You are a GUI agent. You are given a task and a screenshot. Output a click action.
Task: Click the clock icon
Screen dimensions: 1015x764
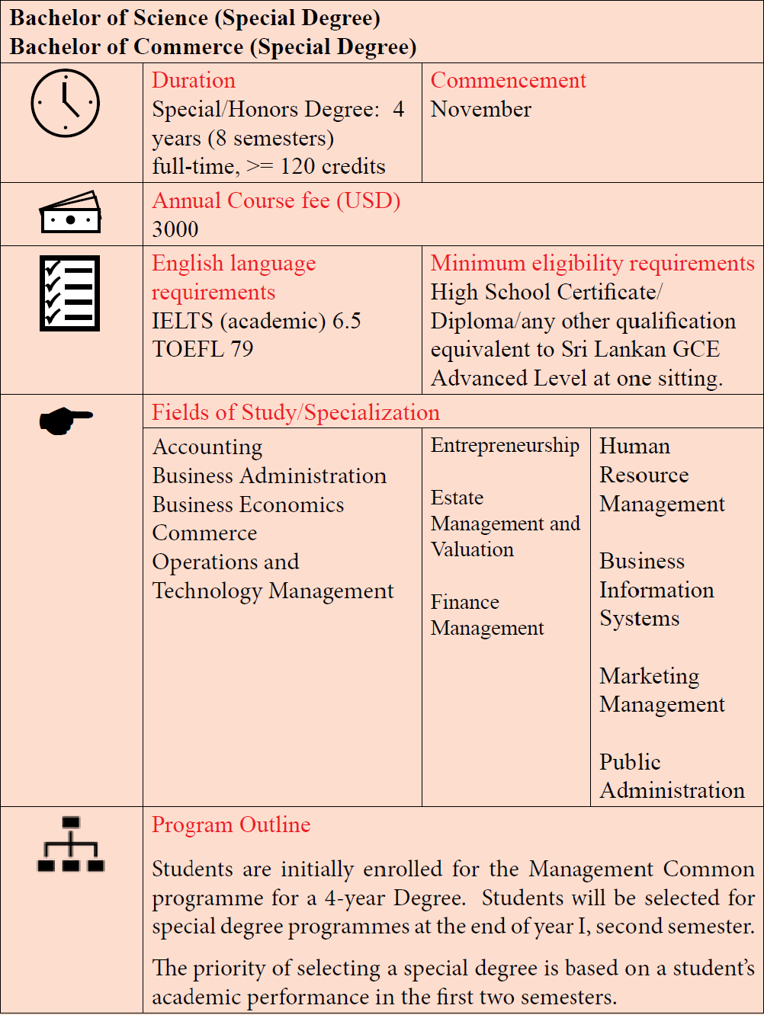pos(66,104)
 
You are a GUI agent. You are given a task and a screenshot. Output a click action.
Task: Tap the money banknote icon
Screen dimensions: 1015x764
pos(70,213)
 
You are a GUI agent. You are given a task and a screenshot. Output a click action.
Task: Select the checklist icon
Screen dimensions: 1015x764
pos(69,293)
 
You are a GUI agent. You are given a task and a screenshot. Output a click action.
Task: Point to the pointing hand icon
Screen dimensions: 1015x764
pos(66,419)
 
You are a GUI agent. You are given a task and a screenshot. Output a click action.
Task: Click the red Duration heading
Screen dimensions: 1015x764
pos(194,80)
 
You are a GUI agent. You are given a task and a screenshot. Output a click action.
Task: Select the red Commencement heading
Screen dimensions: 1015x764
pos(508,80)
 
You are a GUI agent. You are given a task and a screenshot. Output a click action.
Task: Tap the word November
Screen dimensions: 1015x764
pos(480,109)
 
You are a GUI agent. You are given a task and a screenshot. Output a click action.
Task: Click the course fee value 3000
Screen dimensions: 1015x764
pos(175,229)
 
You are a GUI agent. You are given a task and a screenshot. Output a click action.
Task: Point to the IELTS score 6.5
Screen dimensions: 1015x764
pos(347,321)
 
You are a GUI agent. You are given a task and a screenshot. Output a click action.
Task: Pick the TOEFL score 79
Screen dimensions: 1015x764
pos(242,349)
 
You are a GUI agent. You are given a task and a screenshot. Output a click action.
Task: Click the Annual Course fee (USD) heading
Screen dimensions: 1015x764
pos(276,200)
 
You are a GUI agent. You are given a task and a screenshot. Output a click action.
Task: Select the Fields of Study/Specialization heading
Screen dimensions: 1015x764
pos(296,412)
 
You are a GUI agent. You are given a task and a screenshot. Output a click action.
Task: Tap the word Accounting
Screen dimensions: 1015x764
pos(207,447)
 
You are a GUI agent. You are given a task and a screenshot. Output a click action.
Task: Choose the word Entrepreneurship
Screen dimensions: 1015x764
pos(505,445)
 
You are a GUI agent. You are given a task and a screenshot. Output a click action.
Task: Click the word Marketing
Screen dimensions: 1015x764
pos(650,676)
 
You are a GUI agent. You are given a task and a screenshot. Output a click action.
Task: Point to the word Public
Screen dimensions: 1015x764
pos(630,762)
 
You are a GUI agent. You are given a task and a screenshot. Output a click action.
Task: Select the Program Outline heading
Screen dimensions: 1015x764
pos(231,824)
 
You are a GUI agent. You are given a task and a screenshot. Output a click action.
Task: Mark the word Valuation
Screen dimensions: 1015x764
pos(472,549)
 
